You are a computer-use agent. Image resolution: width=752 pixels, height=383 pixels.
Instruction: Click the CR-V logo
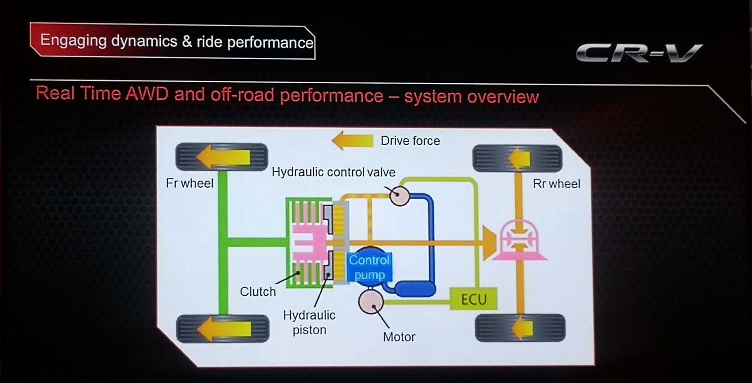639,53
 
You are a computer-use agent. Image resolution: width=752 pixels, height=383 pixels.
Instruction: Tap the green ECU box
473,299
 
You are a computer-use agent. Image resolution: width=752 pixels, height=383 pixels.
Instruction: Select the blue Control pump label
369,267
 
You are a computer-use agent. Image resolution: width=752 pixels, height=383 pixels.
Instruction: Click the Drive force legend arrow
352,140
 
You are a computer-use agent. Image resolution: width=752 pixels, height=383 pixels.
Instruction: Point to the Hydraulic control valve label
333,172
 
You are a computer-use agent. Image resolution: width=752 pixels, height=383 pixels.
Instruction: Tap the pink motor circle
371,303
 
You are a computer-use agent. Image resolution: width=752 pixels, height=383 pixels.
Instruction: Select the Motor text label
399,337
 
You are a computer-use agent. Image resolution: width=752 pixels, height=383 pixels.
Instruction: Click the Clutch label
258,292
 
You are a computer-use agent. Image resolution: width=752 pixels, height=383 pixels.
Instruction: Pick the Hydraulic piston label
309,322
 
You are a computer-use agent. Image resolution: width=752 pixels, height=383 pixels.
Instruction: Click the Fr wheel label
189,183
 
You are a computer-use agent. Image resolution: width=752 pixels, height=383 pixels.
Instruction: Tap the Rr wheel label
556,184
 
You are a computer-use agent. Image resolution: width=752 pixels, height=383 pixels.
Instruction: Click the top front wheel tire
222,157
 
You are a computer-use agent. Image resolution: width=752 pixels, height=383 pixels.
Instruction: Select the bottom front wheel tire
223,328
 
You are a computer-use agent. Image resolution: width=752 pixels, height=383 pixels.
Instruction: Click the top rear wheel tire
517,158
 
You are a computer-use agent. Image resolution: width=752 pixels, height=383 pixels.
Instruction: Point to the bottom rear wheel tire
520,328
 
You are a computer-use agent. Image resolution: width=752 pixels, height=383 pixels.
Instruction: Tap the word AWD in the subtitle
147,94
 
